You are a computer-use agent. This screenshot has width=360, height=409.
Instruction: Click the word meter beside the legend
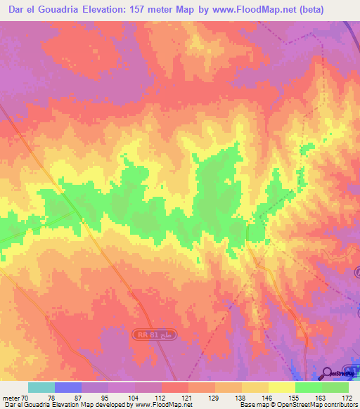12,397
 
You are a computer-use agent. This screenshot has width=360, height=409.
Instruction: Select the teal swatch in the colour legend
41,387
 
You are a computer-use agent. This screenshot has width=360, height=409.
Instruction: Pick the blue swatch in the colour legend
68,387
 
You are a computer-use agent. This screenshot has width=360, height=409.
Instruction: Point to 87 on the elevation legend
68,397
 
